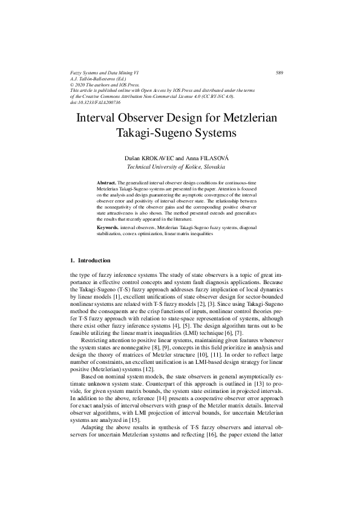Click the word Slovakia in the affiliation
coord(213,166)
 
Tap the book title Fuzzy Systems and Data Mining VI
coord(105,73)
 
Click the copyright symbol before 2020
coord(73,85)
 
